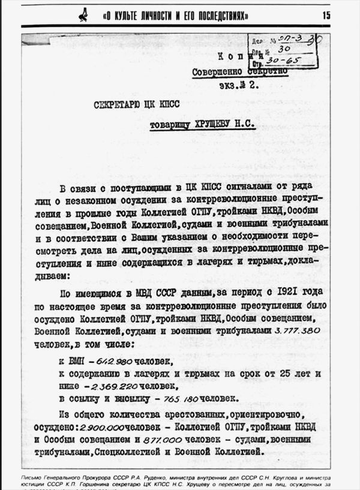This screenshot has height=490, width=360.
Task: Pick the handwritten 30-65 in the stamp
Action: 279,61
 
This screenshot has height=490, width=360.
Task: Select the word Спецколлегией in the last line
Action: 151,453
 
